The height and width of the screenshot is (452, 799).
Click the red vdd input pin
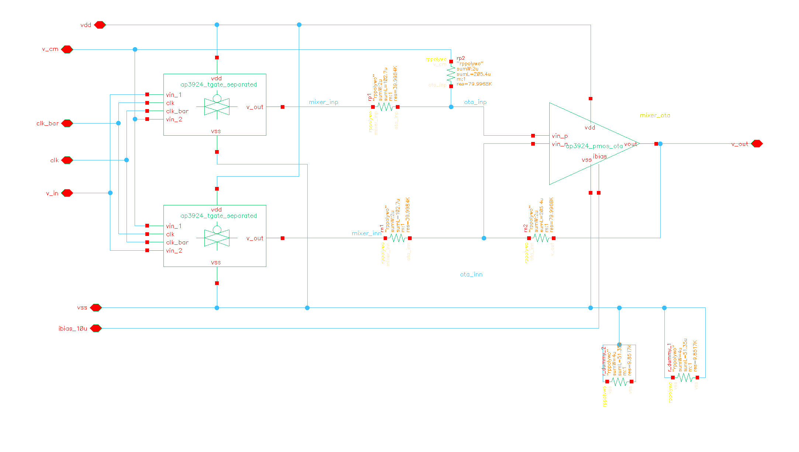tap(100, 25)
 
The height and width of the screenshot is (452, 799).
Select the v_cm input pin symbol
tap(67, 49)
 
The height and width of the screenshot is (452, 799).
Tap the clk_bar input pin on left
tap(67, 123)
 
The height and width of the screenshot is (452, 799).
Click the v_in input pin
tap(67, 193)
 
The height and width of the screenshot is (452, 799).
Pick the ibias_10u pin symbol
tap(96, 328)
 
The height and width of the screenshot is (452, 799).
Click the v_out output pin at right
tap(757, 144)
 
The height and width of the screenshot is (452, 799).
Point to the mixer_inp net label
tap(324, 102)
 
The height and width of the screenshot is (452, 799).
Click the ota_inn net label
tap(471, 274)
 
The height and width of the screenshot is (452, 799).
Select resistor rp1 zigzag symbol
tap(385, 107)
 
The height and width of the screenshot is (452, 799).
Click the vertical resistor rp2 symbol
tap(451, 74)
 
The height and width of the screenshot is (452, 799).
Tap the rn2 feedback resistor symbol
tap(541, 238)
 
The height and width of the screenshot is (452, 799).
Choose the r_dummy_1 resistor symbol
tap(685, 378)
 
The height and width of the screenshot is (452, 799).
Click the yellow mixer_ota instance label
tap(655, 115)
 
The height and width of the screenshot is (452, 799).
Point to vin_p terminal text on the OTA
tap(560, 136)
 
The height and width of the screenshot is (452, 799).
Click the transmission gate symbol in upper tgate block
tap(217, 106)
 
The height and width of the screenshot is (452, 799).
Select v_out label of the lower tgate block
tap(255, 239)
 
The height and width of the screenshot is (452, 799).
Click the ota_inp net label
tap(475, 102)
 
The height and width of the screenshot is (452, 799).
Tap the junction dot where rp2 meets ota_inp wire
tap(451, 107)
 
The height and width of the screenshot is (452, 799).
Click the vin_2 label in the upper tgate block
tap(174, 119)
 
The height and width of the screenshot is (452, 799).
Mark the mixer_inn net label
tap(366, 233)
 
